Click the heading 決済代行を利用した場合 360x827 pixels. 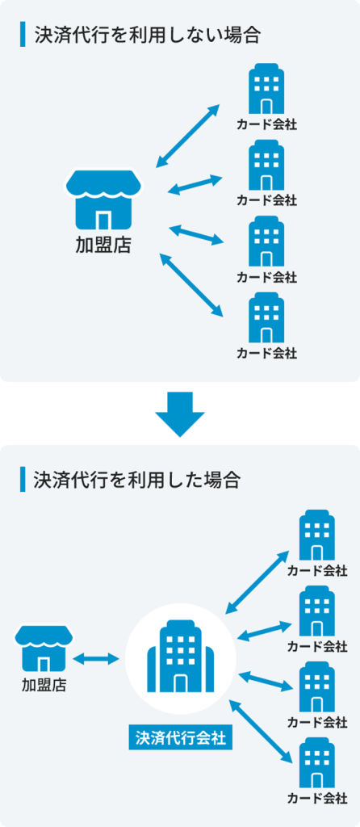click(136, 480)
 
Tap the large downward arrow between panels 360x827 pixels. click(180, 413)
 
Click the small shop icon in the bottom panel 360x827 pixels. click(44, 647)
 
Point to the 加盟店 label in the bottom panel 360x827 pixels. click(44, 686)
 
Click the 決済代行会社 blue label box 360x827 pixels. click(180, 737)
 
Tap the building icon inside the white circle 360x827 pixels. click(181, 656)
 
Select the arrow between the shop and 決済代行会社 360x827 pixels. click(96, 659)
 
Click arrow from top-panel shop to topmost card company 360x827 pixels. click(188, 136)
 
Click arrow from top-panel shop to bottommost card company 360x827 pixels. click(192, 284)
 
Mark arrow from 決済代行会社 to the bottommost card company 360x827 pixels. click(261, 731)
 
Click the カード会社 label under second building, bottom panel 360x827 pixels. click(316, 646)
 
